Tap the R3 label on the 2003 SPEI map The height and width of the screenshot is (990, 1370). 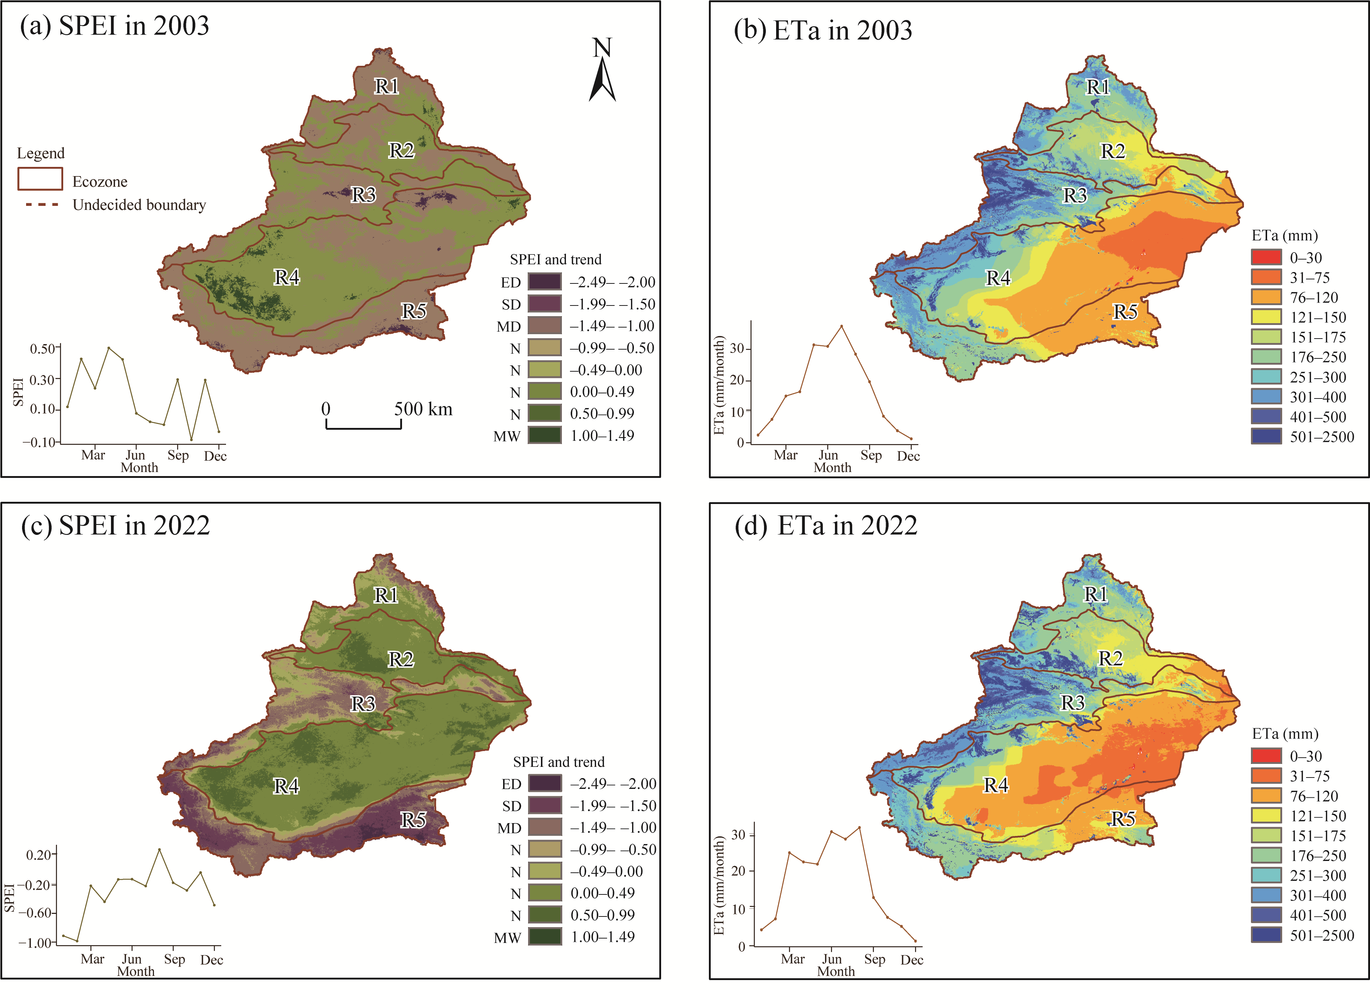coord(364,194)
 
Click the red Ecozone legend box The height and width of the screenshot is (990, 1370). coord(40,179)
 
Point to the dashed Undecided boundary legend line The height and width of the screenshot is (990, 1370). coord(42,205)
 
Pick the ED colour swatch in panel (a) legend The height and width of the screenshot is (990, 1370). coord(544,282)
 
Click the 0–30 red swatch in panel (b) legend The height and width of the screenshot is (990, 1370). coord(1266,257)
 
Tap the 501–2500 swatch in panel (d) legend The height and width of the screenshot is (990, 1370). coord(1266,935)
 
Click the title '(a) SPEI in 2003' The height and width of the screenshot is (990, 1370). coord(115,26)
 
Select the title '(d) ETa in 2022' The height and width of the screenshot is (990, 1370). coord(826,525)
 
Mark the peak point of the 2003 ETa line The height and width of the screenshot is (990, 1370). coord(842,326)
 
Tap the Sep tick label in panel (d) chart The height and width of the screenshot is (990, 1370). coord(875,959)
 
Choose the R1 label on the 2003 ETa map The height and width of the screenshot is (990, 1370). coord(1098,87)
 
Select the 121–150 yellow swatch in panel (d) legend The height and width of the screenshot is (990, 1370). coord(1266,815)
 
